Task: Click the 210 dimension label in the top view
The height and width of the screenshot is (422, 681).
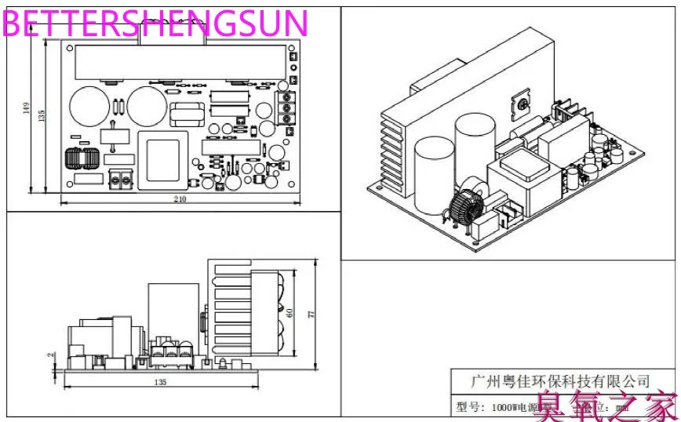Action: coord(180,199)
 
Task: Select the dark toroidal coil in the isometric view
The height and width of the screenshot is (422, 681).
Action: coord(464,206)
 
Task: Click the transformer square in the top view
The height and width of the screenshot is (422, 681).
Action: coord(164,161)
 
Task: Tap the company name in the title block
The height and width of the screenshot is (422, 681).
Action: coord(559,381)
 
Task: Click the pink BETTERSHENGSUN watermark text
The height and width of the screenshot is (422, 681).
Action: coord(155,24)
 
